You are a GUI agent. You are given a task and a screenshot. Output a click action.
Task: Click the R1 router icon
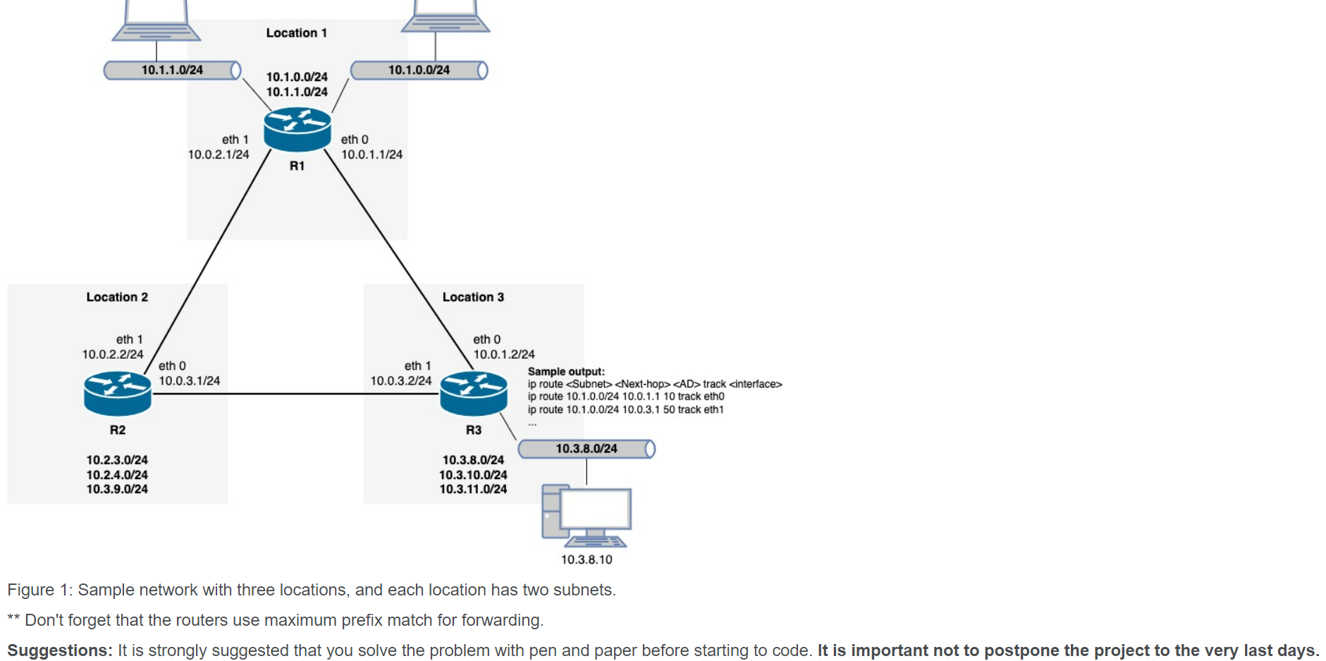[x=297, y=129]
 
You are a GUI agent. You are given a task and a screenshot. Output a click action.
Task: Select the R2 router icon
[x=117, y=393]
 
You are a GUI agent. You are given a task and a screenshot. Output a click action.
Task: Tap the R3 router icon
[x=473, y=393]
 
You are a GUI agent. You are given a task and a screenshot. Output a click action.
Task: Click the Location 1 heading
[x=296, y=33]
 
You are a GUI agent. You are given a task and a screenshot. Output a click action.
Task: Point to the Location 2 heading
[x=117, y=297]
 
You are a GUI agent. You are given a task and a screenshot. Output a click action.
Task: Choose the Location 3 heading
[x=473, y=297]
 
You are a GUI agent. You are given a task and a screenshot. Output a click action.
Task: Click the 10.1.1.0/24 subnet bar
[x=172, y=70]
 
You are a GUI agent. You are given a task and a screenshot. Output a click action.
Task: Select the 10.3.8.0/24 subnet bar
[x=586, y=449]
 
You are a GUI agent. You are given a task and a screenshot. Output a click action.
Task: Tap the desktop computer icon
[x=586, y=515]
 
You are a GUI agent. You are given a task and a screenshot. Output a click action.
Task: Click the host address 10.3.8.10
[x=586, y=560]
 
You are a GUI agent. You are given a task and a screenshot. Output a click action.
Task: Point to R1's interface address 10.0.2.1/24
[x=218, y=154]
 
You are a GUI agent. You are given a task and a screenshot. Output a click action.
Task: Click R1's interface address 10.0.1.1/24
[x=372, y=154]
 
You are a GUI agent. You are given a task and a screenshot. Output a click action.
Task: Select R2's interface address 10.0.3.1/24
[x=189, y=381]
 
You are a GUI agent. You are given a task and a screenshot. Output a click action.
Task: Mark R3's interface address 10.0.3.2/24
[x=400, y=381]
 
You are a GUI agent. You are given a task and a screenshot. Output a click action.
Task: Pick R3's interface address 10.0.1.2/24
[x=503, y=354]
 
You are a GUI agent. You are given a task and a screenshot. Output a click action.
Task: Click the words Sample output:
[x=566, y=371]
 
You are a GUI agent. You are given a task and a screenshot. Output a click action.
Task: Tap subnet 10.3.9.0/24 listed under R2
[x=117, y=489]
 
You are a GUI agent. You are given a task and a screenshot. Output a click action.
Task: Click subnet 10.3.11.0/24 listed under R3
[x=473, y=489]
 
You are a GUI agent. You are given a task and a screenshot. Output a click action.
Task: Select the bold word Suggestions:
[x=59, y=650]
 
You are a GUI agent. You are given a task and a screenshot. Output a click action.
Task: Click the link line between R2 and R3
[x=296, y=394]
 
